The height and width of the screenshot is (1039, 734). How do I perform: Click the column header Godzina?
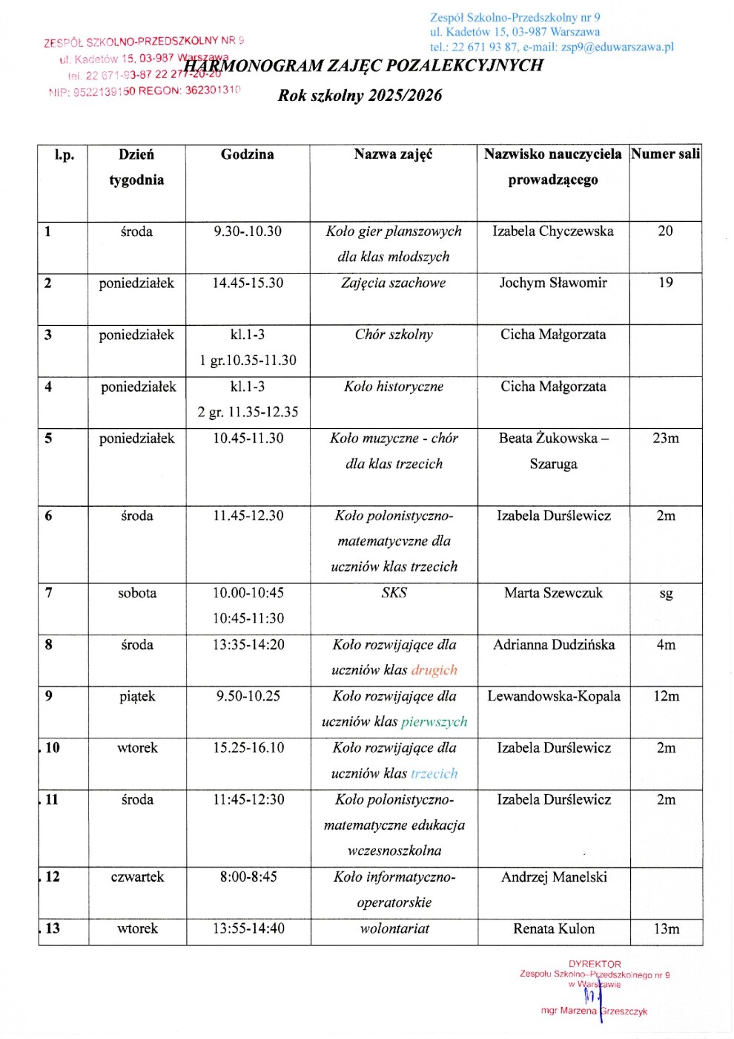(x=247, y=154)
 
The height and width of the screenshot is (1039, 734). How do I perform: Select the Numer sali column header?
(x=665, y=154)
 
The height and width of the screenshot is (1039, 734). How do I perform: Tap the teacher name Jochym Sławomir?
(x=553, y=283)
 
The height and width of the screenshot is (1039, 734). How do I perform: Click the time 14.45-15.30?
(x=248, y=283)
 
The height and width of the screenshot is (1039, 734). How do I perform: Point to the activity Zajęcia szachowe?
(x=394, y=283)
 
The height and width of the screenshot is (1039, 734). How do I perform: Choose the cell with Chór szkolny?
(x=394, y=335)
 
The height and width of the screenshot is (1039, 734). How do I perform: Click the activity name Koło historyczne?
(x=394, y=387)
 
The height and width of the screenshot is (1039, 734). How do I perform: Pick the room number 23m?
(x=666, y=438)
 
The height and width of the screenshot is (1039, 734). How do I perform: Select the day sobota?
(x=137, y=593)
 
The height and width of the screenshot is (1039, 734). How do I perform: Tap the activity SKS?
(x=394, y=593)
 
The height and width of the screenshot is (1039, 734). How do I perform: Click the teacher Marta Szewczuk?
(x=553, y=593)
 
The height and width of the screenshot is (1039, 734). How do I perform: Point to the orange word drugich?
(x=434, y=670)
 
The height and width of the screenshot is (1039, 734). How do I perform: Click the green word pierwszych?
(x=434, y=721)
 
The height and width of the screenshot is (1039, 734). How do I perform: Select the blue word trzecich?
(x=434, y=773)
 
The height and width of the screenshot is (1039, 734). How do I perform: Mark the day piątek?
(x=137, y=696)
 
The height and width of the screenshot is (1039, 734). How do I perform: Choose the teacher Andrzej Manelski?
(x=554, y=877)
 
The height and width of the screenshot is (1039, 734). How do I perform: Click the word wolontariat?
(x=394, y=928)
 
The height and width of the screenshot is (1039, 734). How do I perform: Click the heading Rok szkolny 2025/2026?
(x=360, y=95)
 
